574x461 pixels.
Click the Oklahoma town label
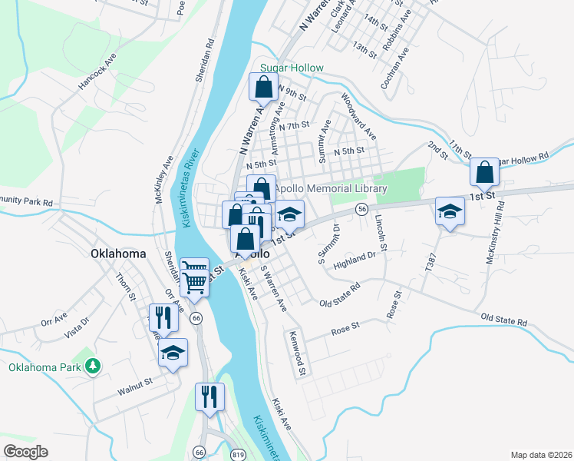coord(118,254)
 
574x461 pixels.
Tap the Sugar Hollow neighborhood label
coord(292,68)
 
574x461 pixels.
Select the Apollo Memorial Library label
coord(331,189)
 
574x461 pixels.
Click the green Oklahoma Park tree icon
coord(93,366)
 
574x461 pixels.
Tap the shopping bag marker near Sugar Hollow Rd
coord(485,174)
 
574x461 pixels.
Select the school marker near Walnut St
coord(173,353)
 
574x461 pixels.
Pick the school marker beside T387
coord(450,212)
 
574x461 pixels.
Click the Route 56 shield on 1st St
coord(362,209)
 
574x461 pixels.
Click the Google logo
coord(25,452)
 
